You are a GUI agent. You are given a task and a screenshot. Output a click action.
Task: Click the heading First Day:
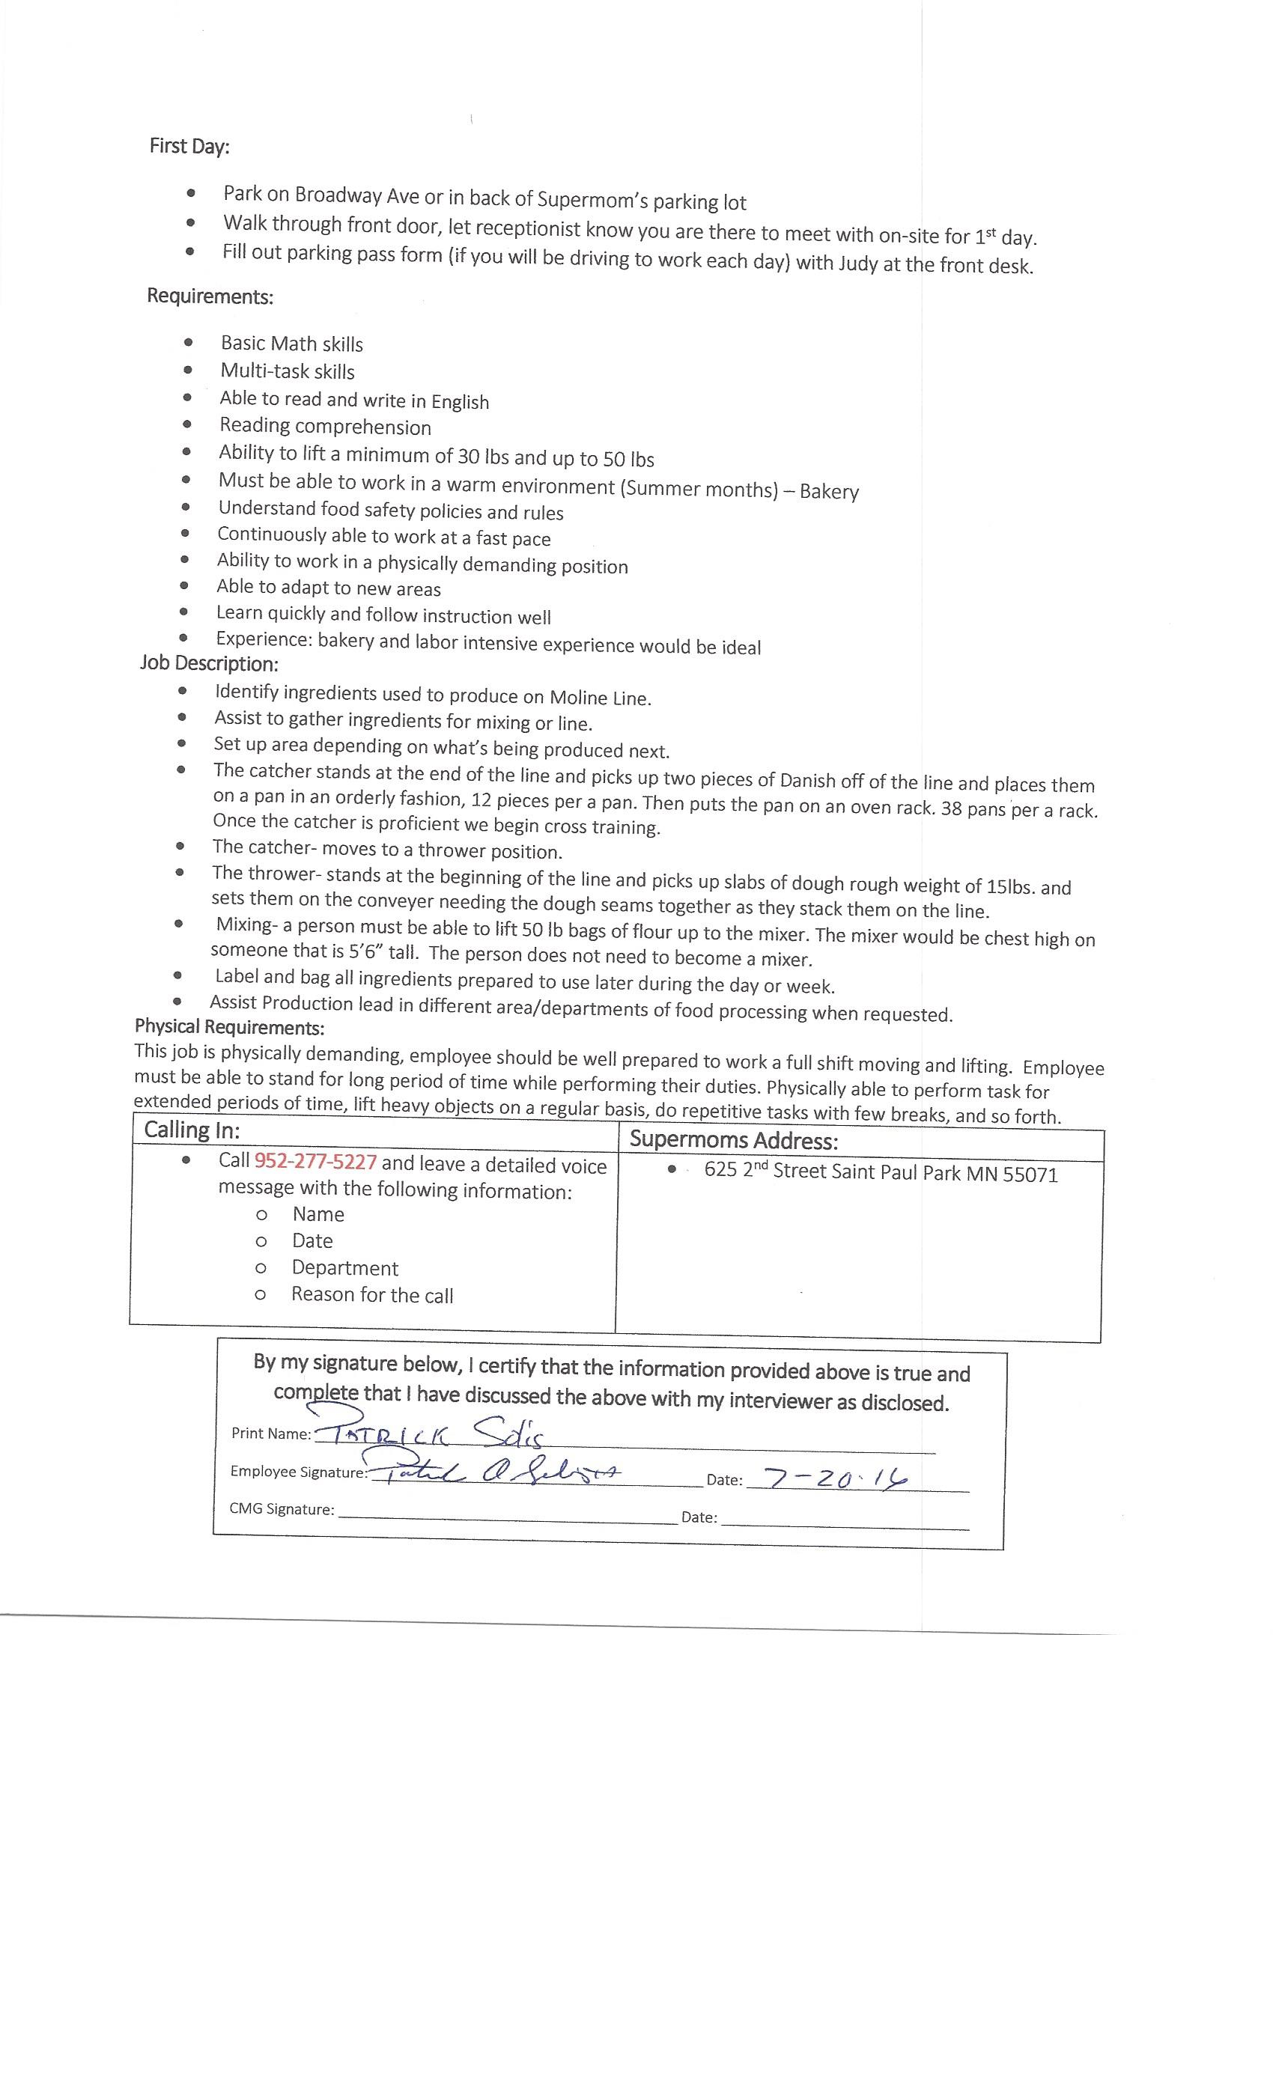pyautogui.click(x=189, y=146)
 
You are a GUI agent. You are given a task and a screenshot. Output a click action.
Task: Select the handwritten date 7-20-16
pyautogui.click(x=836, y=1478)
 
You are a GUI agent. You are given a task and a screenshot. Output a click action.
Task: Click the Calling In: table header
pyautogui.click(x=192, y=1130)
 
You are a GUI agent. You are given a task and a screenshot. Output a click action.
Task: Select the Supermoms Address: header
pyautogui.click(x=734, y=1141)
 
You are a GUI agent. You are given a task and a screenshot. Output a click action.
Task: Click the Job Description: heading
pyautogui.click(x=210, y=663)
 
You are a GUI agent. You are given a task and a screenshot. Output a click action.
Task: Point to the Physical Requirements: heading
pyautogui.click(x=230, y=1027)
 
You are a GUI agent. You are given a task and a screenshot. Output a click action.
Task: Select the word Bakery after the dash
pyautogui.click(x=829, y=492)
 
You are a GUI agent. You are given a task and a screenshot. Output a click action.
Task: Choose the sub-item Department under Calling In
pyautogui.click(x=344, y=1268)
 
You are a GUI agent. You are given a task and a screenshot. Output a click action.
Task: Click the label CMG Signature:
pyautogui.click(x=282, y=1509)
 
